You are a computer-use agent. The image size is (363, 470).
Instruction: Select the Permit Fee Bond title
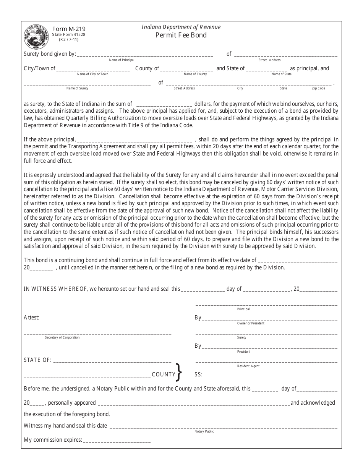[181, 35]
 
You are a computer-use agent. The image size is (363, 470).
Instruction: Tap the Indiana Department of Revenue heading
[181, 27]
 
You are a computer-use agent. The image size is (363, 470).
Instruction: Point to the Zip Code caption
[318, 88]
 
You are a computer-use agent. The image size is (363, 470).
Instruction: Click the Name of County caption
[195, 74]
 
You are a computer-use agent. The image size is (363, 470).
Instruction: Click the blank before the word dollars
[164, 104]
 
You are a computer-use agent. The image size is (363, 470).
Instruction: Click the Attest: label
[31, 318]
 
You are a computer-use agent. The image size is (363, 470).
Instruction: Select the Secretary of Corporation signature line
[97, 333]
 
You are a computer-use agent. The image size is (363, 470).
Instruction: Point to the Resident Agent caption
[248, 366]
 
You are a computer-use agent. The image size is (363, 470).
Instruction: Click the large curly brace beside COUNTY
[178, 372]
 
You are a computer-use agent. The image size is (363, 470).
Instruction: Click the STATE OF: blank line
[112, 360]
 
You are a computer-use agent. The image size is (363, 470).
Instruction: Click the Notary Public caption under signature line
[204, 431]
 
